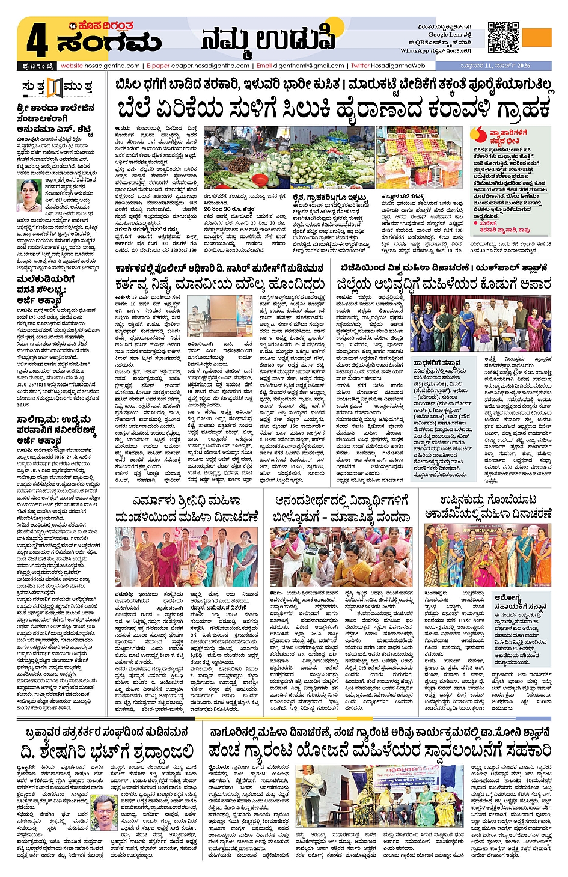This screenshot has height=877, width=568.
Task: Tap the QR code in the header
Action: (x=502, y=38)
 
